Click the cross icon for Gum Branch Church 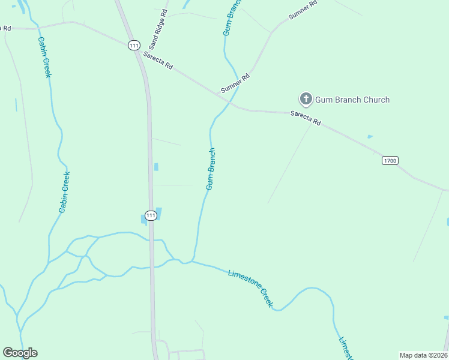(x=305, y=99)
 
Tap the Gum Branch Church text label (x=352, y=100)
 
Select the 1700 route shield (x=390, y=160)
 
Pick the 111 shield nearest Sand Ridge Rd (x=134, y=46)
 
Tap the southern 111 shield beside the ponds (x=151, y=215)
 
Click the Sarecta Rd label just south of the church (x=306, y=118)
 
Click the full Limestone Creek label (x=251, y=289)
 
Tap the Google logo (x=20, y=353)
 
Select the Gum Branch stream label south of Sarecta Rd (x=210, y=169)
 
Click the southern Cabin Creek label (x=64, y=192)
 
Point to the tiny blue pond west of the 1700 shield (x=370, y=137)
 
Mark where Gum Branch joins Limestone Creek (x=192, y=261)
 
